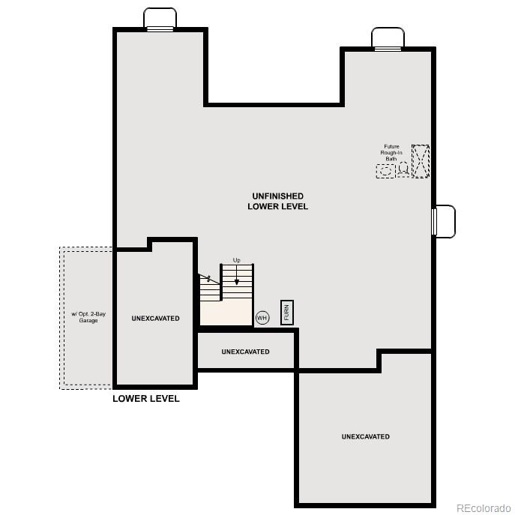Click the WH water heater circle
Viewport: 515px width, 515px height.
point(262,318)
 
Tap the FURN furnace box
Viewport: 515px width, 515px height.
point(286,312)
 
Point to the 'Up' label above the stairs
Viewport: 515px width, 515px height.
point(237,260)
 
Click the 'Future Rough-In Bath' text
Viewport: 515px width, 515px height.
point(392,153)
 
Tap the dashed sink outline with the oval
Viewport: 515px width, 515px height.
point(385,171)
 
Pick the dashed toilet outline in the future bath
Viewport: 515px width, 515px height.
point(403,169)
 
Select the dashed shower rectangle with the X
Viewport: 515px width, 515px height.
point(421,161)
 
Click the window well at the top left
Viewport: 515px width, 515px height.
point(160,19)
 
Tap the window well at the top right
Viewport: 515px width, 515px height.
point(388,38)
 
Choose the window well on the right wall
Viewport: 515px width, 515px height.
point(444,221)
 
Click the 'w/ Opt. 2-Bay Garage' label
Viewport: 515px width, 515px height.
point(88,317)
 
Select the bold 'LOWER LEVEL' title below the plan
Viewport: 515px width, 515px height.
point(146,399)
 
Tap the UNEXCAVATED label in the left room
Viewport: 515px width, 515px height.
point(155,319)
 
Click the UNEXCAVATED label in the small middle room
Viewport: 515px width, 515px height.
point(245,352)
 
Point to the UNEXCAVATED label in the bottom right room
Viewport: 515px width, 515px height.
point(365,436)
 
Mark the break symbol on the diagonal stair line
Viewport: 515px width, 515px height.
point(208,278)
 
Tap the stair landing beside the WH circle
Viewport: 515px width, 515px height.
point(225,313)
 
